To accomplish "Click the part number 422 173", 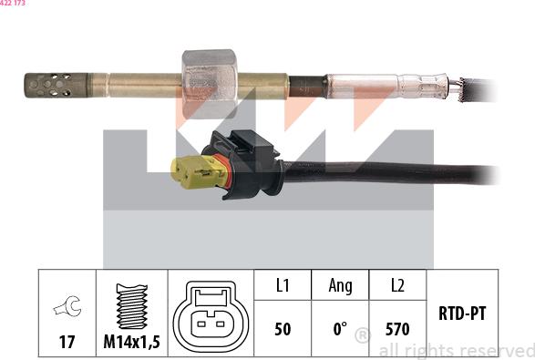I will [13, 5].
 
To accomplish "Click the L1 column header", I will [283, 285].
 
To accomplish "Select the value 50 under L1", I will [283, 329].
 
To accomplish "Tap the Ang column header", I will [340, 285].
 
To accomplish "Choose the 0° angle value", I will [339, 329].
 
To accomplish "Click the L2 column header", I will [397, 285].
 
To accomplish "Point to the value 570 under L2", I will [397, 329].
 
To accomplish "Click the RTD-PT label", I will [461, 314].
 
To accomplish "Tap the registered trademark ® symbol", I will [362, 336].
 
